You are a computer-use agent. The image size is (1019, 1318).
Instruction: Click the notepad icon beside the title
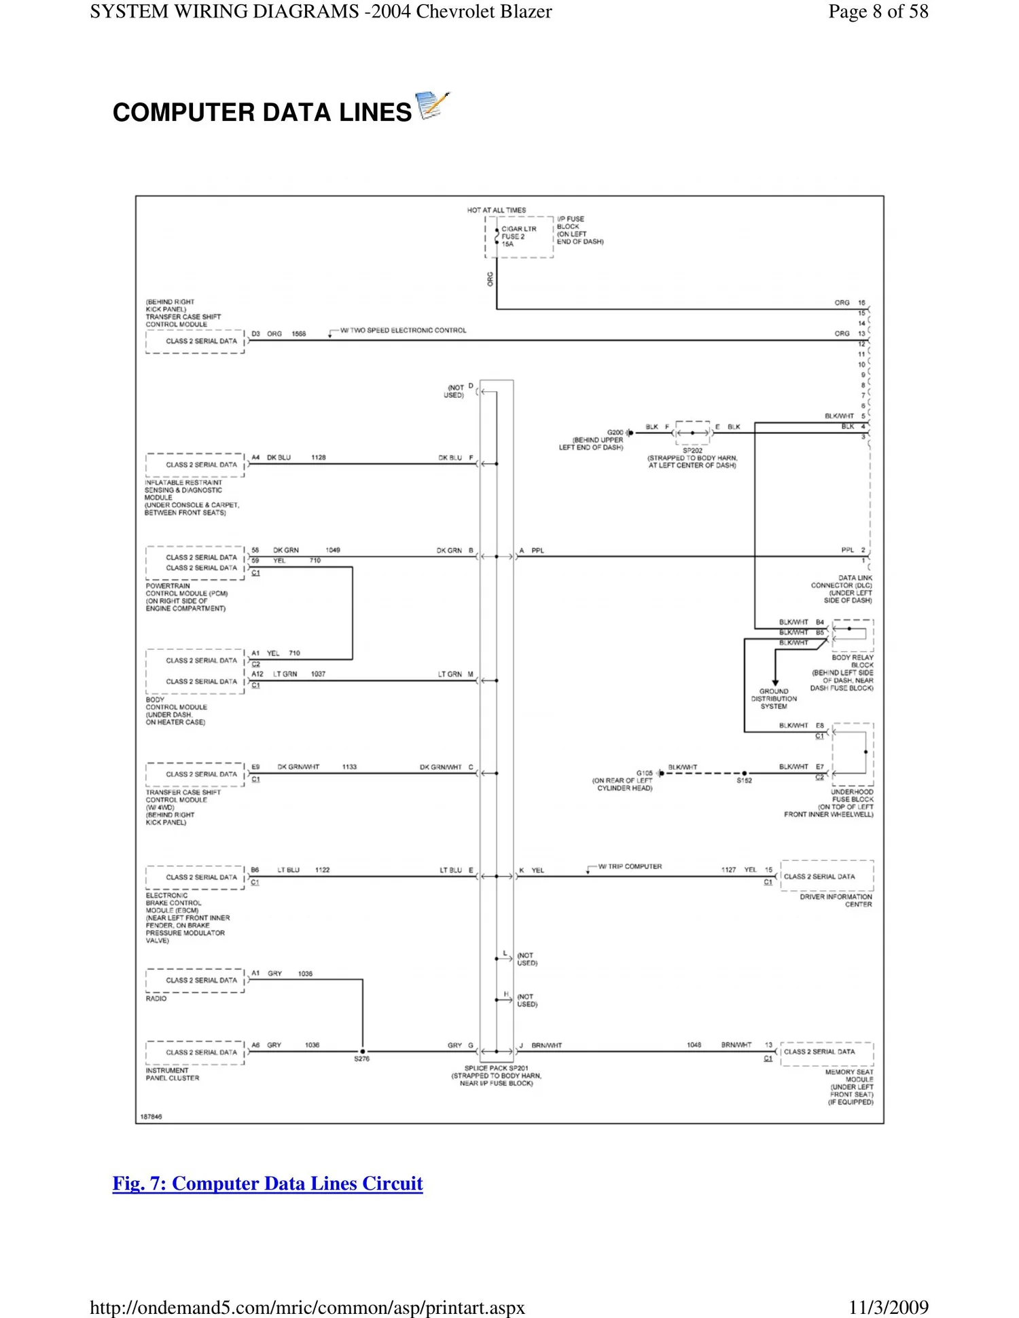432,106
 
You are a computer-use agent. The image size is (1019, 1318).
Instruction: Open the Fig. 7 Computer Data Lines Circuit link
268,1184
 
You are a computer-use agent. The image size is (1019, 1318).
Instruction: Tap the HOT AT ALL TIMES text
496,210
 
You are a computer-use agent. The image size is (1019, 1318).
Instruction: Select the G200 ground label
615,433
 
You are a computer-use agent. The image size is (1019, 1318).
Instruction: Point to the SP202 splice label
692,450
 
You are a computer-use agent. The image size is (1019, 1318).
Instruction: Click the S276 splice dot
363,1052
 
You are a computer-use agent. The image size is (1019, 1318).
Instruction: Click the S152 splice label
744,781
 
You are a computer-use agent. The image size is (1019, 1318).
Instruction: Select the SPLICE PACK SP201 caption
496,1068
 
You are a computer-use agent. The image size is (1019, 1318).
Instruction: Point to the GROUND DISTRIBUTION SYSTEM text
774,699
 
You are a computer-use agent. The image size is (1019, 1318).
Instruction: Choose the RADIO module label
156,999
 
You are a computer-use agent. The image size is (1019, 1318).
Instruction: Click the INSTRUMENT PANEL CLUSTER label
173,1074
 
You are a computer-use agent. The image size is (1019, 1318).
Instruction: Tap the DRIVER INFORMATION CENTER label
836,900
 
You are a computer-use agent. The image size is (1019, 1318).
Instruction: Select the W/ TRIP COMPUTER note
630,866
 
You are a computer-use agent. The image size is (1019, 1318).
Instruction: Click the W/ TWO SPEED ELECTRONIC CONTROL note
403,331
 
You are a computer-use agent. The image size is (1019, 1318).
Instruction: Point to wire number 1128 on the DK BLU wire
319,458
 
